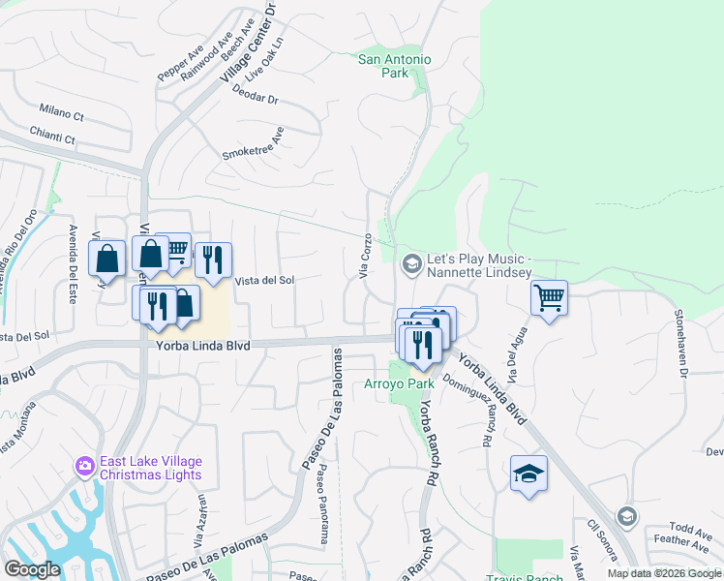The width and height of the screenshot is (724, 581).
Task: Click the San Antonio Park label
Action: [395, 66]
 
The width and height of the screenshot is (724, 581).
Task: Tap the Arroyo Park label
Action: [399, 383]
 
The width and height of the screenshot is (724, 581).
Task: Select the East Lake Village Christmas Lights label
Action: [150, 468]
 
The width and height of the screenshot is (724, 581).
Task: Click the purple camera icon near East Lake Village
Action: [86, 468]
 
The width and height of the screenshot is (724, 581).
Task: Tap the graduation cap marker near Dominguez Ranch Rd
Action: [528, 473]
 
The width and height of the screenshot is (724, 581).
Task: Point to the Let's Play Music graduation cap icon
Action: [411, 262]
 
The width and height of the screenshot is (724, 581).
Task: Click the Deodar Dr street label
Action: [256, 99]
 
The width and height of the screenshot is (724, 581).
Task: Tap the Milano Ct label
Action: [63, 113]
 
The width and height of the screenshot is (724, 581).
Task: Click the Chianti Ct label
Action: [55, 138]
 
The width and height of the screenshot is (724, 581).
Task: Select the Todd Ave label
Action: [689, 530]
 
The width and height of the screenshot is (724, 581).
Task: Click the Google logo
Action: [31, 569]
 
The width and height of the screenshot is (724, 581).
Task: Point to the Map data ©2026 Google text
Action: [664, 573]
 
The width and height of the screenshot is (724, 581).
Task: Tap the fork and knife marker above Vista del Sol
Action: [213, 260]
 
